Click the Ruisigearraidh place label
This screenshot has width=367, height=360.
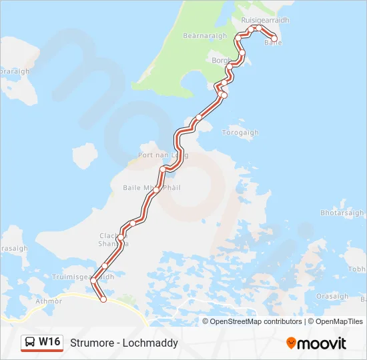(265, 21)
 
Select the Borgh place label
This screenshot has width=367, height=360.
(220, 60)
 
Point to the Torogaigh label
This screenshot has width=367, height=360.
(240, 133)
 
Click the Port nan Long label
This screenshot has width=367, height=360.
(163, 155)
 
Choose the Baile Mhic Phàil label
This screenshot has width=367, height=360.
(151, 188)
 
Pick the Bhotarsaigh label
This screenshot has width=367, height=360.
(342, 213)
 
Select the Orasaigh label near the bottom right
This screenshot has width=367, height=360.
(332, 297)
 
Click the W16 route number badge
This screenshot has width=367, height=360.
(49, 342)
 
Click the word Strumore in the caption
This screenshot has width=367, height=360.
(93, 343)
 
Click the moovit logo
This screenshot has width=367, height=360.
(316, 343)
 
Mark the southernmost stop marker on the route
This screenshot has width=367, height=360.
(103, 299)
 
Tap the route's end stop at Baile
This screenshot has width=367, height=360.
(274, 39)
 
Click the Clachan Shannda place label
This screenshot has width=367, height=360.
(113, 239)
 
